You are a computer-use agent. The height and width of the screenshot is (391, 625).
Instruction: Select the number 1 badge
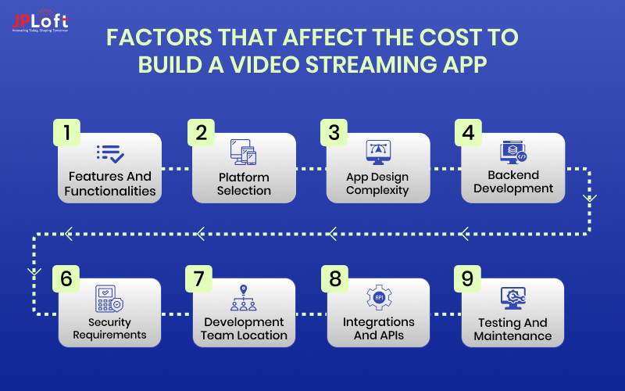67,133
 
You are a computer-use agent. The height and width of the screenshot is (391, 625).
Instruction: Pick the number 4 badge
468,133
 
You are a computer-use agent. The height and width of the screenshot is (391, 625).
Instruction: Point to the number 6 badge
67,279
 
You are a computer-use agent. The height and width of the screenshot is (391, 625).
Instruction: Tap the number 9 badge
468,279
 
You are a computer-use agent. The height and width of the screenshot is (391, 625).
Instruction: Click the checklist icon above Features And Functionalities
109,153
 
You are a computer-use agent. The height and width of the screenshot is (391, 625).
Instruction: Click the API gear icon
378,298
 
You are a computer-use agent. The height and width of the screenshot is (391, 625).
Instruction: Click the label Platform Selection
244,184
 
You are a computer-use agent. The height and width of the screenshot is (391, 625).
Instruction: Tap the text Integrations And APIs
378,329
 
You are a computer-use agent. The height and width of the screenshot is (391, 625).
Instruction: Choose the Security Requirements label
109,328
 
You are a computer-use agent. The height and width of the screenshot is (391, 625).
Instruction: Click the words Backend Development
512,182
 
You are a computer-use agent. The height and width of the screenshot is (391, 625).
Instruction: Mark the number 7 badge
201,279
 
